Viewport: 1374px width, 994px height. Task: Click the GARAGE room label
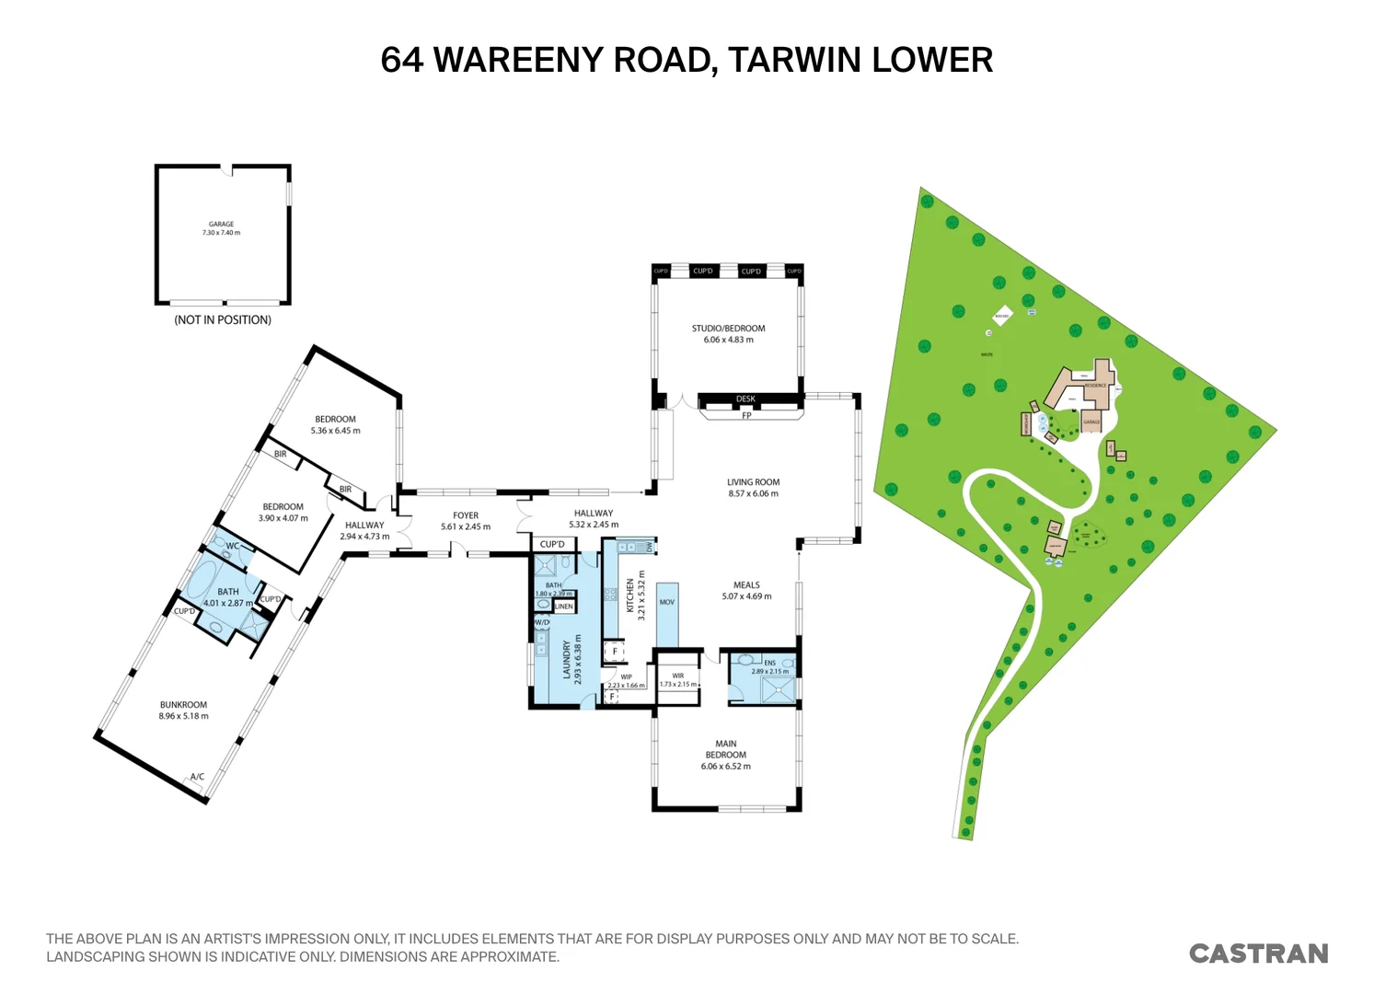click(x=221, y=225)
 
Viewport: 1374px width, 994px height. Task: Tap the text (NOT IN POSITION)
click(x=223, y=320)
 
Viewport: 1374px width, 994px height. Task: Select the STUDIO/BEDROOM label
click(x=728, y=329)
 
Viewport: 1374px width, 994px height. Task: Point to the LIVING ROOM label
click(x=753, y=482)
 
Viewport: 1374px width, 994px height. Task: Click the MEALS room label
click(x=746, y=585)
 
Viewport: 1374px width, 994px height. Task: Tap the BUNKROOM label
click(x=183, y=705)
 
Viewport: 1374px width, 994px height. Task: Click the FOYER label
click(x=466, y=516)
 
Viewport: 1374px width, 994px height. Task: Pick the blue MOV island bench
click(x=667, y=614)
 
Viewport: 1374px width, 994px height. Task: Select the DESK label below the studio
click(x=745, y=399)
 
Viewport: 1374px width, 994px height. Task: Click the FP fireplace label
click(x=746, y=416)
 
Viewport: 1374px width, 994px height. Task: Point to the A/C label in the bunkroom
click(x=197, y=777)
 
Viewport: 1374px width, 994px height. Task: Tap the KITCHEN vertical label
click(x=630, y=595)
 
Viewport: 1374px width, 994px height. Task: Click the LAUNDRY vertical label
click(x=567, y=660)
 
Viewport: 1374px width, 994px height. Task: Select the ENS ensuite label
click(x=769, y=663)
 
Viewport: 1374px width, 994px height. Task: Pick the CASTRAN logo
click(x=1258, y=954)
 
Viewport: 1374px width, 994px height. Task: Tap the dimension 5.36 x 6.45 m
click(x=335, y=431)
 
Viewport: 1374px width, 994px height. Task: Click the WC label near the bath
click(x=232, y=546)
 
